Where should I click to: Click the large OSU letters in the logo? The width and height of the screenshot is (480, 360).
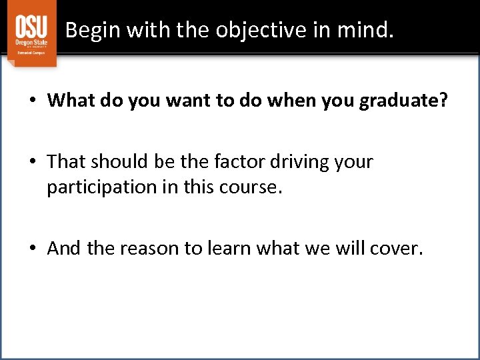click(31, 27)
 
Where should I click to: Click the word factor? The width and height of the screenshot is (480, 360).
click(235, 162)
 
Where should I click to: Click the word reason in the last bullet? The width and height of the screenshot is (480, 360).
click(150, 249)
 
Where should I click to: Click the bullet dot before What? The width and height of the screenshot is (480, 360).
click(32, 101)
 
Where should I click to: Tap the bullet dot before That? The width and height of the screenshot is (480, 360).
click(32, 163)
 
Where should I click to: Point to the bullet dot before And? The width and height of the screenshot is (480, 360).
click(32, 249)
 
